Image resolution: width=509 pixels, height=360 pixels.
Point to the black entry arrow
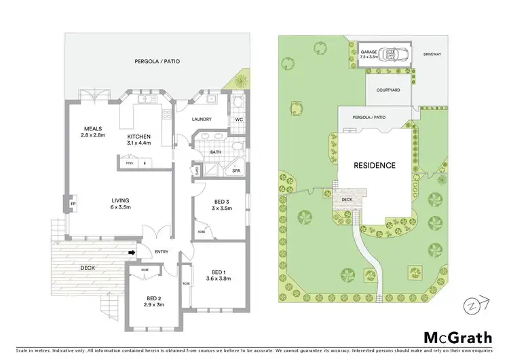(132, 253)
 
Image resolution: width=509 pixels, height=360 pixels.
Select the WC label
(238, 120)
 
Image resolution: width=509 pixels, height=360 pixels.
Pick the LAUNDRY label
(202, 120)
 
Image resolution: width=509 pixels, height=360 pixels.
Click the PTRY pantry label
(129, 163)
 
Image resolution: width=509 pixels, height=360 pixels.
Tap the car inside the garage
(392, 54)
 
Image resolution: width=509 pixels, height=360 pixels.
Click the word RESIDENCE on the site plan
(375, 165)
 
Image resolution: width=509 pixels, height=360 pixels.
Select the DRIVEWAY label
(432, 54)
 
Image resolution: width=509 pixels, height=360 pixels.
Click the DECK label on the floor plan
(87, 268)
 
